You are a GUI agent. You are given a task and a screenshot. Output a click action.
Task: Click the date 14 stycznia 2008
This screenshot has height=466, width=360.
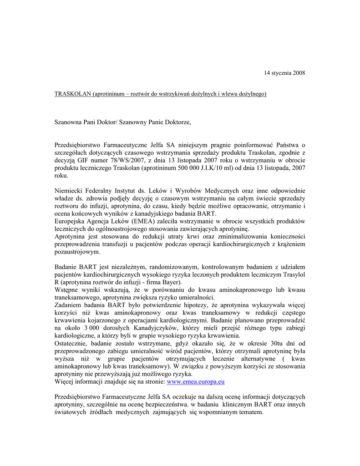285,73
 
